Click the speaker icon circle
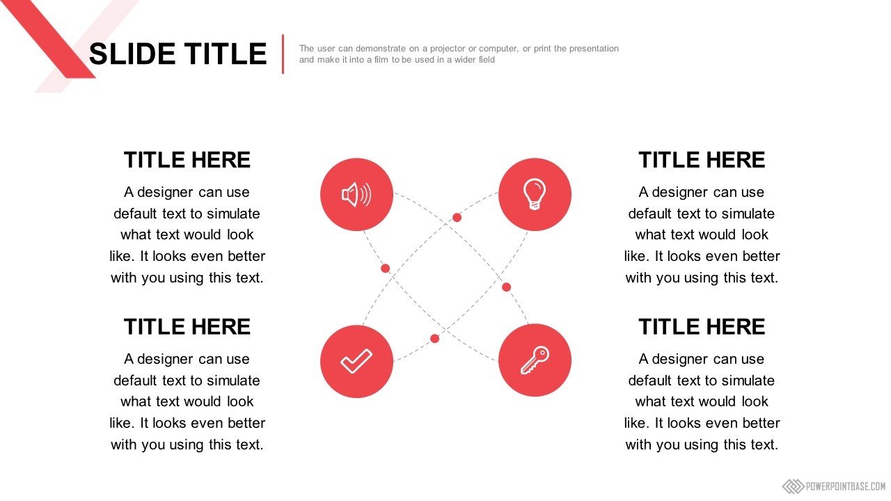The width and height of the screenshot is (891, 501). click(x=357, y=194)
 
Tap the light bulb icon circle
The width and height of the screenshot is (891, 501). click(x=535, y=194)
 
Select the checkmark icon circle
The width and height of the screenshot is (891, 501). click(x=357, y=361)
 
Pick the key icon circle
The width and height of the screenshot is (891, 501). click(x=535, y=360)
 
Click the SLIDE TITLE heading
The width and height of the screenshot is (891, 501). click(x=178, y=54)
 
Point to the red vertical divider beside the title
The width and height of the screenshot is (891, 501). click(x=283, y=54)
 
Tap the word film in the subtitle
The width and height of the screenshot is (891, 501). click(x=381, y=60)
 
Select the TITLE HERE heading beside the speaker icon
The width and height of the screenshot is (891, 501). click(x=187, y=160)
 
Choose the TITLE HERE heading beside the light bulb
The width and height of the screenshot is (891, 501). click(x=702, y=160)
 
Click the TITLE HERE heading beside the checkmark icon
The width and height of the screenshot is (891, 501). click(x=187, y=327)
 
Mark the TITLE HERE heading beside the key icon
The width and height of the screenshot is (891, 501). click(x=702, y=327)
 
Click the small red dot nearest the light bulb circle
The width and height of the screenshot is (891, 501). click(x=457, y=218)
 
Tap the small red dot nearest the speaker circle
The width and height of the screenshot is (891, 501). click(x=385, y=269)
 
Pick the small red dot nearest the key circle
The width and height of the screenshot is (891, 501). click(x=506, y=287)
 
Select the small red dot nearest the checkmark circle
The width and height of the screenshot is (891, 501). click(x=435, y=339)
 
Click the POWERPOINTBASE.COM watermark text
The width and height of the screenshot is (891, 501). click(x=845, y=486)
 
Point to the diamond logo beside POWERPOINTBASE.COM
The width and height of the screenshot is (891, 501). click(x=793, y=486)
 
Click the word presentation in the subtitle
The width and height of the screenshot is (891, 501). click(x=594, y=49)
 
